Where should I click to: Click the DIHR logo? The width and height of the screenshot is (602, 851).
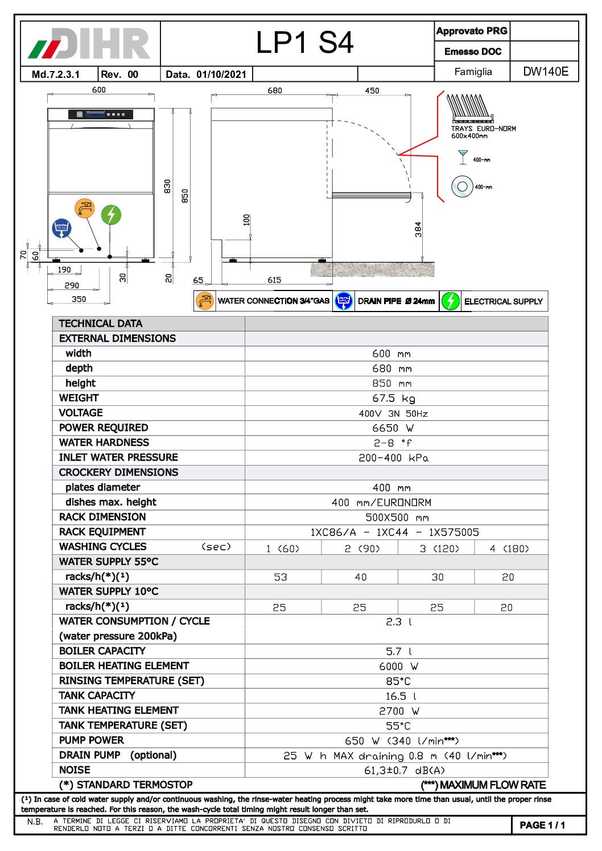(89, 43)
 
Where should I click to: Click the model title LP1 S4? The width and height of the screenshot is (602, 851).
(304, 43)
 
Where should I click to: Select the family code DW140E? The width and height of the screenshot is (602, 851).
(545, 72)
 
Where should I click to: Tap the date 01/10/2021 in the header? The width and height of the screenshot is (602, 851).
(221, 74)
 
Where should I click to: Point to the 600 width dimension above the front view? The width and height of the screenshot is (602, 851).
(99, 90)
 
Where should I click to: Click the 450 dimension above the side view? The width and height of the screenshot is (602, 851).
(372, 90)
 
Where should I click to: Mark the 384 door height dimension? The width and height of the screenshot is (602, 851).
(418, 229)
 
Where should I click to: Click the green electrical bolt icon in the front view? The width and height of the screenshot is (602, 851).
(111, 215)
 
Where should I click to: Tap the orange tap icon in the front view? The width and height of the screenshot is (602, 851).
(84, 208)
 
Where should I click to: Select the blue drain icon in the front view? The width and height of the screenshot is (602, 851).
(61, 228)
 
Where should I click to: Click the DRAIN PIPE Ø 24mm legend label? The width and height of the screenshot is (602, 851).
(396, 301)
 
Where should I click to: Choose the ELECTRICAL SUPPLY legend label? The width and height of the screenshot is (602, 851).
(503, 301)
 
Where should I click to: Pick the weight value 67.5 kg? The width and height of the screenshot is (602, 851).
(397, 398)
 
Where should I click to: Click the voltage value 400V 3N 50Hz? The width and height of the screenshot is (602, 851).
(393, 413)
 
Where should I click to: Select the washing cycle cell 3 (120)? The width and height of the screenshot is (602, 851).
(439, 549)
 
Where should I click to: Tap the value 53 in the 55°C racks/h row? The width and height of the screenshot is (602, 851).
(281, 577)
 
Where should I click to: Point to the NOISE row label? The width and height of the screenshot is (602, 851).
(75, 770)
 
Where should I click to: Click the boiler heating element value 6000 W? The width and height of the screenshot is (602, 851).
(398, 666)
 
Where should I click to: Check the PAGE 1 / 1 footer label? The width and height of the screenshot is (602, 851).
(542, 825)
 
